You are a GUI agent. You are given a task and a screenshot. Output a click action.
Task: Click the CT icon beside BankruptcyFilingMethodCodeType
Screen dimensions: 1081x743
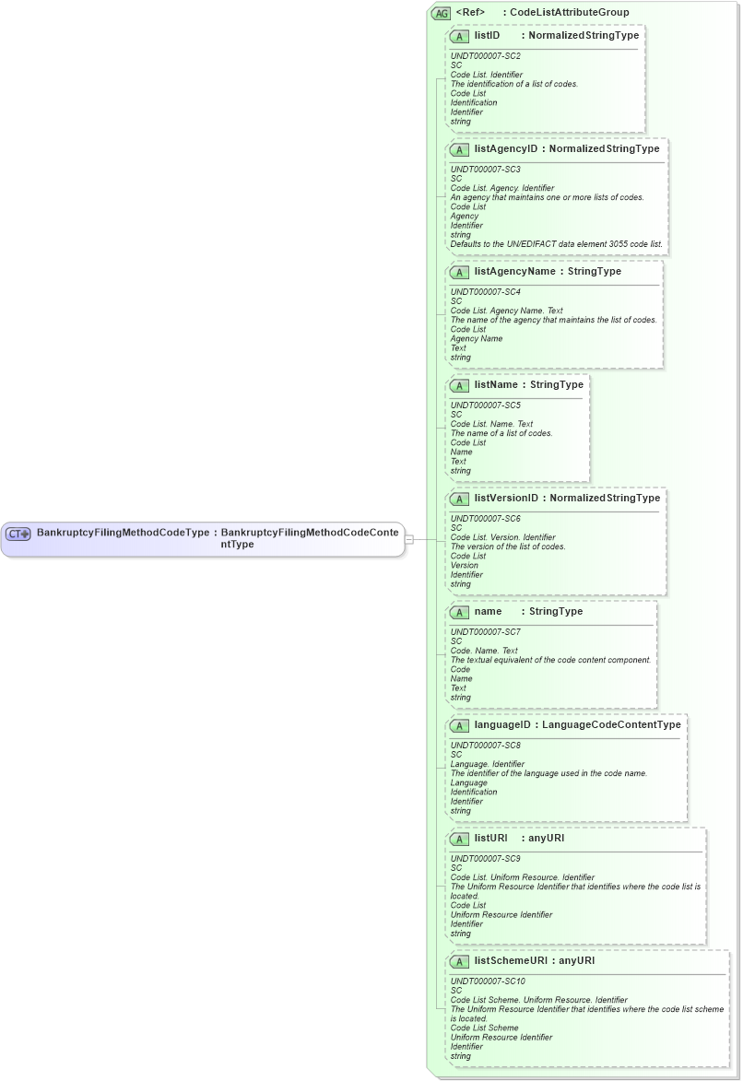tap(18, 534)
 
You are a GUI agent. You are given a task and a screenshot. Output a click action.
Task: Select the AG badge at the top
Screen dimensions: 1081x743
tap(442, 13)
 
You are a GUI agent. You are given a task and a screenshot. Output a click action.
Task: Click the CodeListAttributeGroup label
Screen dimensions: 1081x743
tap(570, 13)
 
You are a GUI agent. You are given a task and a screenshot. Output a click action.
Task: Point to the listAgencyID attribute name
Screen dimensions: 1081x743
tap(506, 148)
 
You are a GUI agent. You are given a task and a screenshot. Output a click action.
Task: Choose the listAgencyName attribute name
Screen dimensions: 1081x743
tap(515, 271)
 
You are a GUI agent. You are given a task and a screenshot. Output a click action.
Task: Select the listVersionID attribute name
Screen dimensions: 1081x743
tap(506, 498)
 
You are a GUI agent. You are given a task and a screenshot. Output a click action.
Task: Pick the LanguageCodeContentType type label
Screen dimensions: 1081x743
tap(611, 724)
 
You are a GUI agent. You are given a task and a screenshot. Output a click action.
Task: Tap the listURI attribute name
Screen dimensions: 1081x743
tap(491, 838)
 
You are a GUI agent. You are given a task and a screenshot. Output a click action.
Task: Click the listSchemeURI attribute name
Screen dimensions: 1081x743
tap(512, 960)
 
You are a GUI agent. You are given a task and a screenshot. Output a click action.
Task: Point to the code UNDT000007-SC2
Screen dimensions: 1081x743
tap(485, 56)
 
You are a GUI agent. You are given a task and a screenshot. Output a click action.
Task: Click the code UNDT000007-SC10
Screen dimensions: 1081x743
tap(488, 981)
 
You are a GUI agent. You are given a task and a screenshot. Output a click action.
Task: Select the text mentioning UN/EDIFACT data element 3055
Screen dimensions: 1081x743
tap(556, 244)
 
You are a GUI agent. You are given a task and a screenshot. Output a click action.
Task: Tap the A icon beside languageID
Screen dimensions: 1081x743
tap(459, 725)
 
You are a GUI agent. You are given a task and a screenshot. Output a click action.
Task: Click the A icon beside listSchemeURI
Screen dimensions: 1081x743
tap(459, 961)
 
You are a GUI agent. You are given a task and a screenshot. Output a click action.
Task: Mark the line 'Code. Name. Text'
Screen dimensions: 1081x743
tap(484, 651)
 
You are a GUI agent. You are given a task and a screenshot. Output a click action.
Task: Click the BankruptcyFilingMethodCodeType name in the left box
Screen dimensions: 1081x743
tap(123, 533)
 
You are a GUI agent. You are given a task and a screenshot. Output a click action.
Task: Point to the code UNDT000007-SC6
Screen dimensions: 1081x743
tap(485, 519)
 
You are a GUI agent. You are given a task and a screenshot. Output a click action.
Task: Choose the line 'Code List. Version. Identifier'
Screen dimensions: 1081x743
tap(507, 537)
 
